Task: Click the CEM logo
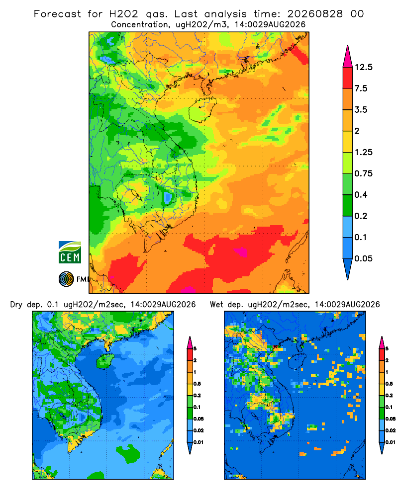point(70,252)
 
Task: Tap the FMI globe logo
point(66,279)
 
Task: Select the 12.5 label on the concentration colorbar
point(363,67)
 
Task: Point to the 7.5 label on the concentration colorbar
point(361,88)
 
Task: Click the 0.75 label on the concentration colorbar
point(363,173)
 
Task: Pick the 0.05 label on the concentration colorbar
point(363,258)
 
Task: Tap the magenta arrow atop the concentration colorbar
point(348,57)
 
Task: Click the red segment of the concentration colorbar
point(348,78)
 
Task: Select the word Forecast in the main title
point(57,14)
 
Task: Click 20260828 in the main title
point(315,14)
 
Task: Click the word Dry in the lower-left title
point(16,305)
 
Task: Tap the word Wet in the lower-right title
point(217,305)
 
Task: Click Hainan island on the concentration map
point(202,110)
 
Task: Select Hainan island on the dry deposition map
point(105,361)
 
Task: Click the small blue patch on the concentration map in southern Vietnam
point(168,197)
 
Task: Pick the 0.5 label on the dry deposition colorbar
point(197,384)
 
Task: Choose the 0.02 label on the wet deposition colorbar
point(391,430)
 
